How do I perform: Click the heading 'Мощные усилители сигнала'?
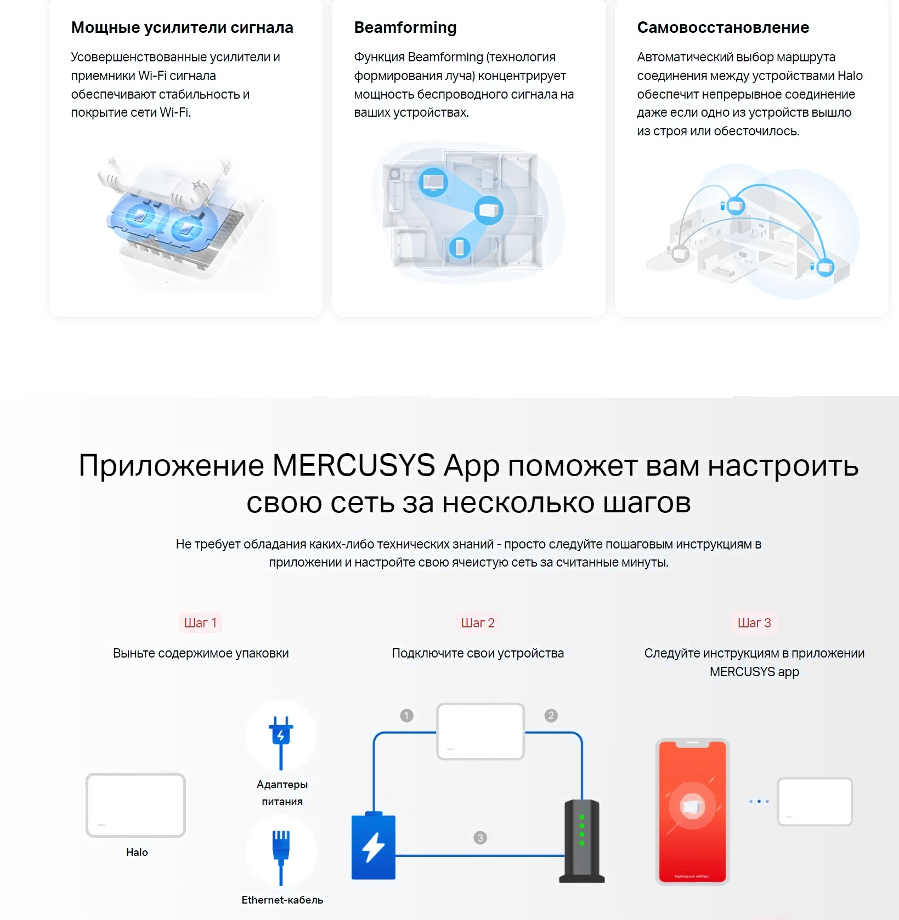click(x=182, y=27)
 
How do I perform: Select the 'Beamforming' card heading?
click(x=405, y=27)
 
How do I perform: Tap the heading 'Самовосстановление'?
click(x=723, y=27)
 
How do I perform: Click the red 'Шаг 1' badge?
click(x=200, y=622)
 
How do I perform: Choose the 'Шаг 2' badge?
click(x=478, y=622)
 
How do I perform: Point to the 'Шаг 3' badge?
click(x=754, y=622)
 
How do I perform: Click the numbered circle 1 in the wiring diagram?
click(x=406, y=716)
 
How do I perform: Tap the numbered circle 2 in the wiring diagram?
click(x=551, y=716)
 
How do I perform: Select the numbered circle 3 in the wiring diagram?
click(x=480, y=838)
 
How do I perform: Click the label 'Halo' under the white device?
click(x=137, y=852)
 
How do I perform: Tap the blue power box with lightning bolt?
click(x=374, y=845)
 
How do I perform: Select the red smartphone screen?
click(x=692, y=812)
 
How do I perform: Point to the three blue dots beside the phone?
click(x=759, y=802)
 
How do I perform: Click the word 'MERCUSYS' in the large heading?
click(x=354, y=466)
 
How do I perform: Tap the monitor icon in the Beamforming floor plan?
click(x=433, y=181)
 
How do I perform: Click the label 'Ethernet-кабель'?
click(x=282, y=900)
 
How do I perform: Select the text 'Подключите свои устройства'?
click(x=478, y=653)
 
